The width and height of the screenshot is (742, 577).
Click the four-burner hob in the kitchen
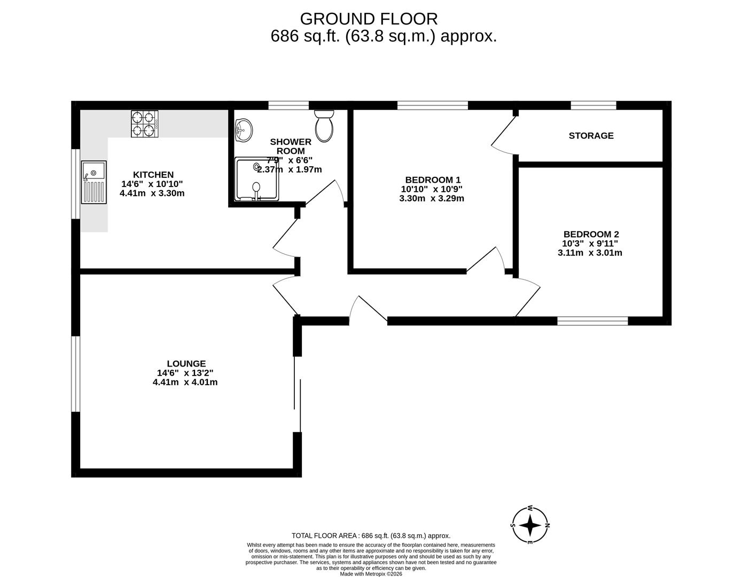click(x=145, y=124)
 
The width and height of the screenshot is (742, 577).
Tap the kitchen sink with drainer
click(x=94, y=182)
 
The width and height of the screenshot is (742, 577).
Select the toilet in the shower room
click(x=324, y=125)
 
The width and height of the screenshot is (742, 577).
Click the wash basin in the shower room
click(x=244, y=129)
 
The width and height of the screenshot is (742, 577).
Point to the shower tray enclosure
click(x=257, y=179)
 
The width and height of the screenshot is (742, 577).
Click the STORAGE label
click(x=591, y=136)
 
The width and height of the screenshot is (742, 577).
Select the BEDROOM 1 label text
click(x=433, y=180)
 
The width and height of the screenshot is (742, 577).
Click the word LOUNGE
click(x=185, y=364)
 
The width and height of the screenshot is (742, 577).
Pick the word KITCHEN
click(x=153, y=175)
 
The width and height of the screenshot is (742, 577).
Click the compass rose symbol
click(x=529, y=525)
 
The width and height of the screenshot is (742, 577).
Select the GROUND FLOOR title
click(x=369, y=19)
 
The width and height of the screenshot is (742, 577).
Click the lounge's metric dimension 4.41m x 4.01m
click(x=185, y=383)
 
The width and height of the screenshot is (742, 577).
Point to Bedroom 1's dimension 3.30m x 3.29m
click(x=432, y=198)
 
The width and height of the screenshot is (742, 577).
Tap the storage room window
click(x=593, y=105)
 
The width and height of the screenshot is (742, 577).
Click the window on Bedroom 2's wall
click(x=592, y=321)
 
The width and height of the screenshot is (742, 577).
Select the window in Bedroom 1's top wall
click(x=433, y=105)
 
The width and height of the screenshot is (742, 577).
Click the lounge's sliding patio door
click(x=297, y=394)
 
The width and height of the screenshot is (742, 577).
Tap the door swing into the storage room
click(x=503, y=137)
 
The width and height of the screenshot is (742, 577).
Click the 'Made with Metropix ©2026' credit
click(x=371, y=574)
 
